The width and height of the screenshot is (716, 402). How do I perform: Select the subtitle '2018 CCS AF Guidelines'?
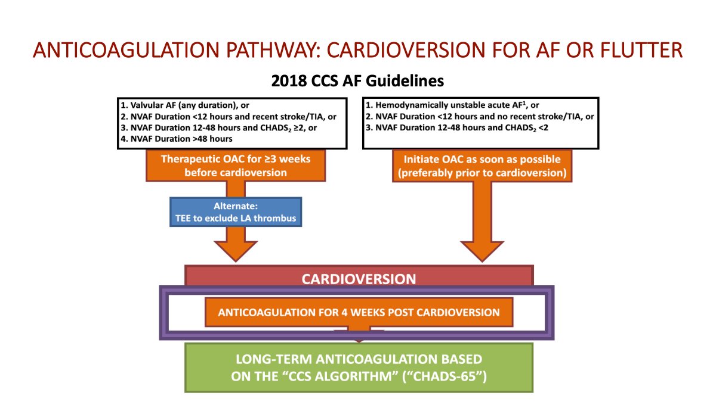(x=358, y=80)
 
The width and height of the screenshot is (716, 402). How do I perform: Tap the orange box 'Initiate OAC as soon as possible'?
(x=481, y=165)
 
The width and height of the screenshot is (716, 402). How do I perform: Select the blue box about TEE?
(x=236, y=212)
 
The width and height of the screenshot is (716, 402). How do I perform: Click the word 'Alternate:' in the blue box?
(x=236, y=206)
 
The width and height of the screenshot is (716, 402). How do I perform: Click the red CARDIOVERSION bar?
(x=358, y=279)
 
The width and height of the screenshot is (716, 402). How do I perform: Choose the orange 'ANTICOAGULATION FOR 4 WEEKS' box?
(x=359, y=312)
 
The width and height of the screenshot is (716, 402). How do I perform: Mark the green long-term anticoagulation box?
(x=358, y=367)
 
